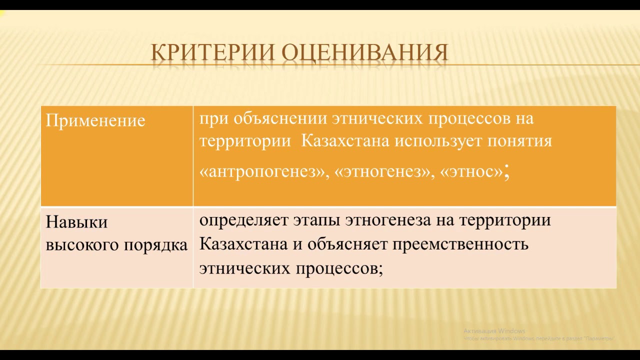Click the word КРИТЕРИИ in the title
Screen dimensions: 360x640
pyautogui.click(x=212, y=53)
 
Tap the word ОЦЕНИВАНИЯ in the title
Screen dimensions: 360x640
pyautogui.click(x=364, y=53)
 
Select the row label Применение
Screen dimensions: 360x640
pyautogui.click(x=95, y=120)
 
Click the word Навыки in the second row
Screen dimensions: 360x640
pyautogui.click(x=76, y=222)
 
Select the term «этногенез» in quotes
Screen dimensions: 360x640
pyautogui.click(x=383, y=171)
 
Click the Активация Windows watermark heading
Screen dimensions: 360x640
pyautogui.click(x=494, y=331)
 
